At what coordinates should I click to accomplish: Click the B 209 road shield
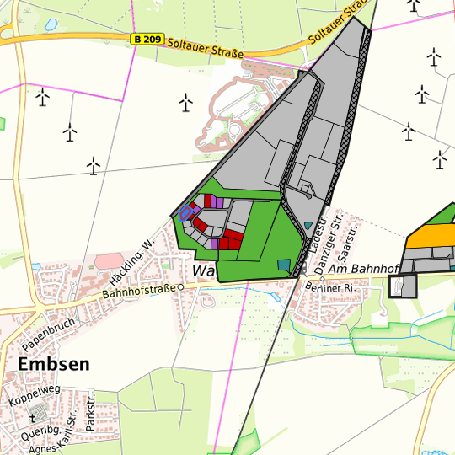tap(148, 40)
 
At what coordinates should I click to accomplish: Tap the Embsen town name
tap(53, 364)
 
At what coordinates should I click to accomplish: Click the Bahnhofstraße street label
tap(138, 290)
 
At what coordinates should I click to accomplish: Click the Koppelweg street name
tap(35, 396)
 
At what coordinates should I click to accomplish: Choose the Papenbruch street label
tap(50, 334)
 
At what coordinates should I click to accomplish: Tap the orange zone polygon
tap(431, 234)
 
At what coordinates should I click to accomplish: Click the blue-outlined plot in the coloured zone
tap(185, 214)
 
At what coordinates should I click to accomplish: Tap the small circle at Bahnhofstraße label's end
tap(179, 286)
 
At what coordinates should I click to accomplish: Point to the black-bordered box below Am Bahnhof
tap(404, 286)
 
